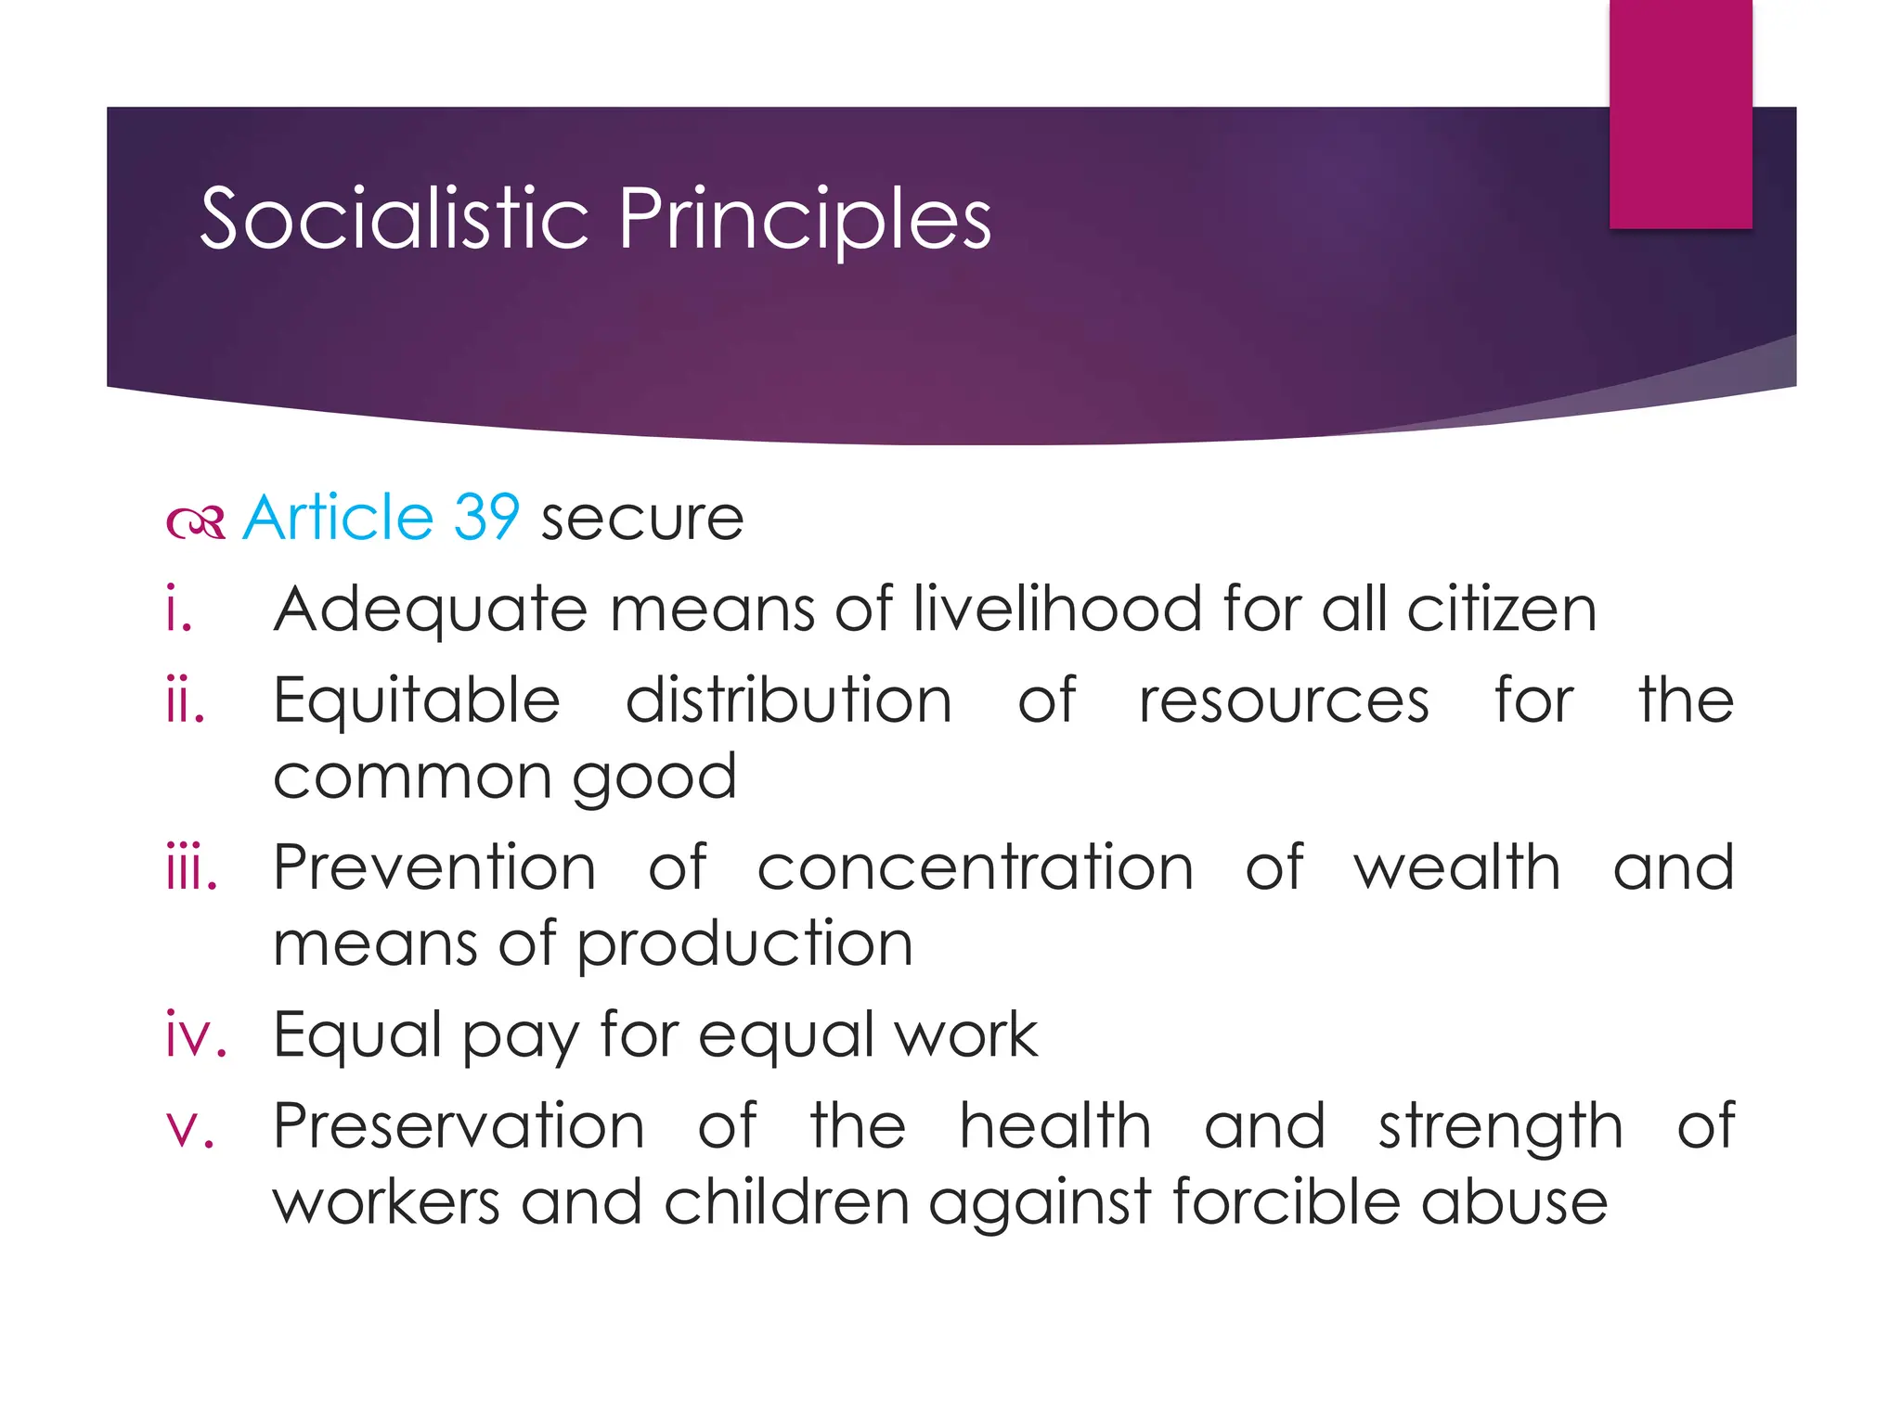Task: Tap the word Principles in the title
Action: pos(805,221)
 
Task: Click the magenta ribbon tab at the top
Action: pos(1680,113)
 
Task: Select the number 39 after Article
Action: pos(485,517)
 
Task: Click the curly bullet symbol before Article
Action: pos(196,522)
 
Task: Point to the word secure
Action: pos(642,519)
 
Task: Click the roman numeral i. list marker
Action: pos(179,610)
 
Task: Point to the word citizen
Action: pos(1501,610)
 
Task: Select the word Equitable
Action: pos(417,701)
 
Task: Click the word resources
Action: pos(1284,701)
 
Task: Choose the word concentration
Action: pos(976,868)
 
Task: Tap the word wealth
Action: pos(1457,868)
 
